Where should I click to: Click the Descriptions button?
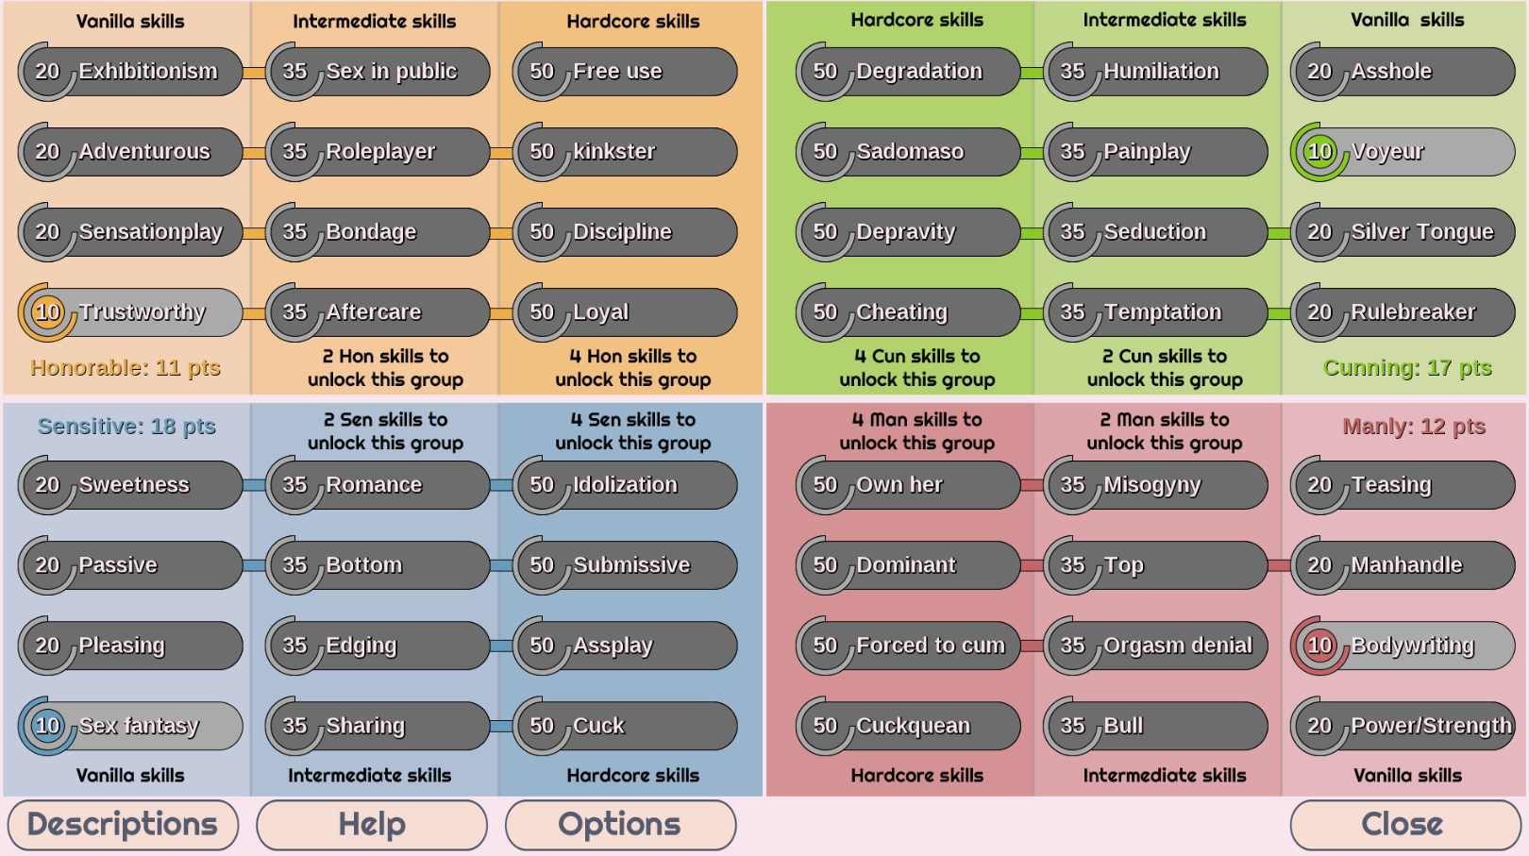coord(123,825)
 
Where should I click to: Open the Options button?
coord(620,825)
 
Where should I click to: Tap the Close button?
coord(1402,825)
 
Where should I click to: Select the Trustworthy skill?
coord(130,312)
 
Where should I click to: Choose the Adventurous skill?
coord(130,152)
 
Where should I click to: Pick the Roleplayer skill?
coord(378,152)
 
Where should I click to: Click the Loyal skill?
coord(625,312)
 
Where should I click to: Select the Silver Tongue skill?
coord(1403,232)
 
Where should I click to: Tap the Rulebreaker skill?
coord(1403,312)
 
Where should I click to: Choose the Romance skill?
coord(378,485)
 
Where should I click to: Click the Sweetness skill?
coord(130,485)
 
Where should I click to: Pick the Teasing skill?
coord(1403,485)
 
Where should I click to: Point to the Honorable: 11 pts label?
coord(126,368)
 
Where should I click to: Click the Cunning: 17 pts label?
coord(1407,368)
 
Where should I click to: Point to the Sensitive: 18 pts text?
coord(127,427)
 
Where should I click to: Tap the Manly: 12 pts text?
coord(1414,427)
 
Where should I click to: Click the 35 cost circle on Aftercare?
coord(294,312)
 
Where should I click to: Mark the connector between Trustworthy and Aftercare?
coord(254,314)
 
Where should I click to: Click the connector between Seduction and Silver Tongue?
coord(1279,233)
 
